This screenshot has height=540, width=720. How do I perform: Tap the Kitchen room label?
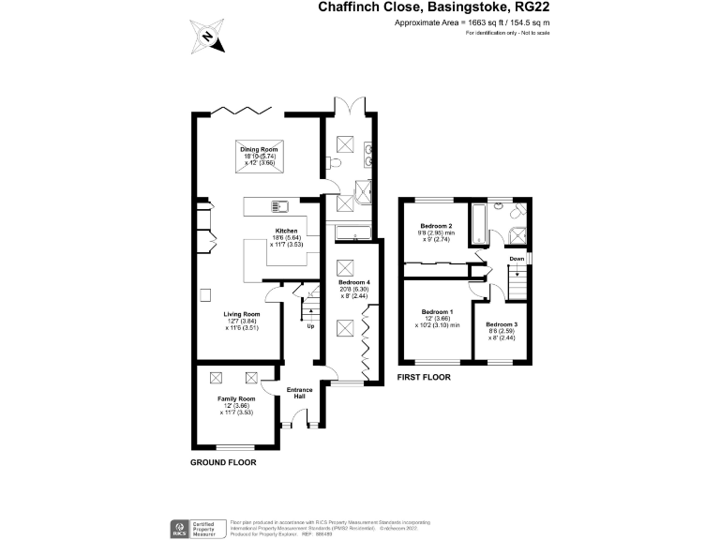[x=286, y=231]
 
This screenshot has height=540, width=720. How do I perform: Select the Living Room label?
[x=241, y=314]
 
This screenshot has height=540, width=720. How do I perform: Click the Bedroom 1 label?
[x=437, y=311]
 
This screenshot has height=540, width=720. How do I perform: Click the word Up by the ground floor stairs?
[x=311, y=326]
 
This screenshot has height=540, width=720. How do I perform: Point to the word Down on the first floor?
[x=517, y=259]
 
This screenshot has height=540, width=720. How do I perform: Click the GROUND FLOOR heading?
[x=223, y=462]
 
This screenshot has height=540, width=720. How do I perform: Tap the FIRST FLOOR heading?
[x=424, y=378]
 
